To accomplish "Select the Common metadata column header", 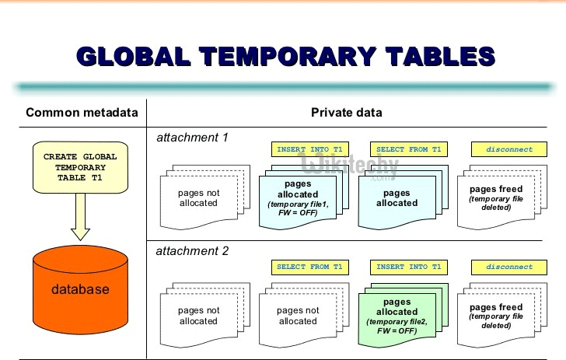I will click(x=82, y=113).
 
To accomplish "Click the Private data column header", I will click(x=347, y=113).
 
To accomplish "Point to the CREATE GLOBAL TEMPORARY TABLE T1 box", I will click(x=80, y=166).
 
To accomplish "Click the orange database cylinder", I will click(x=80, y=289).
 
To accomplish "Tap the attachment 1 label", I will click(x=192, y=138).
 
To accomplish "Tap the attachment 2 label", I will click(x=192, y=251).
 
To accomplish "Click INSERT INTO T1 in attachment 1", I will click(x=309, y=149).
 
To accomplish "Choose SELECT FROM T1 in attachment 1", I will click(x=408, y=149).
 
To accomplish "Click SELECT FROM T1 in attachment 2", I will click(x=309, y=267).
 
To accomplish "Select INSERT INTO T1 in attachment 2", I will click(x=408, y=267).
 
